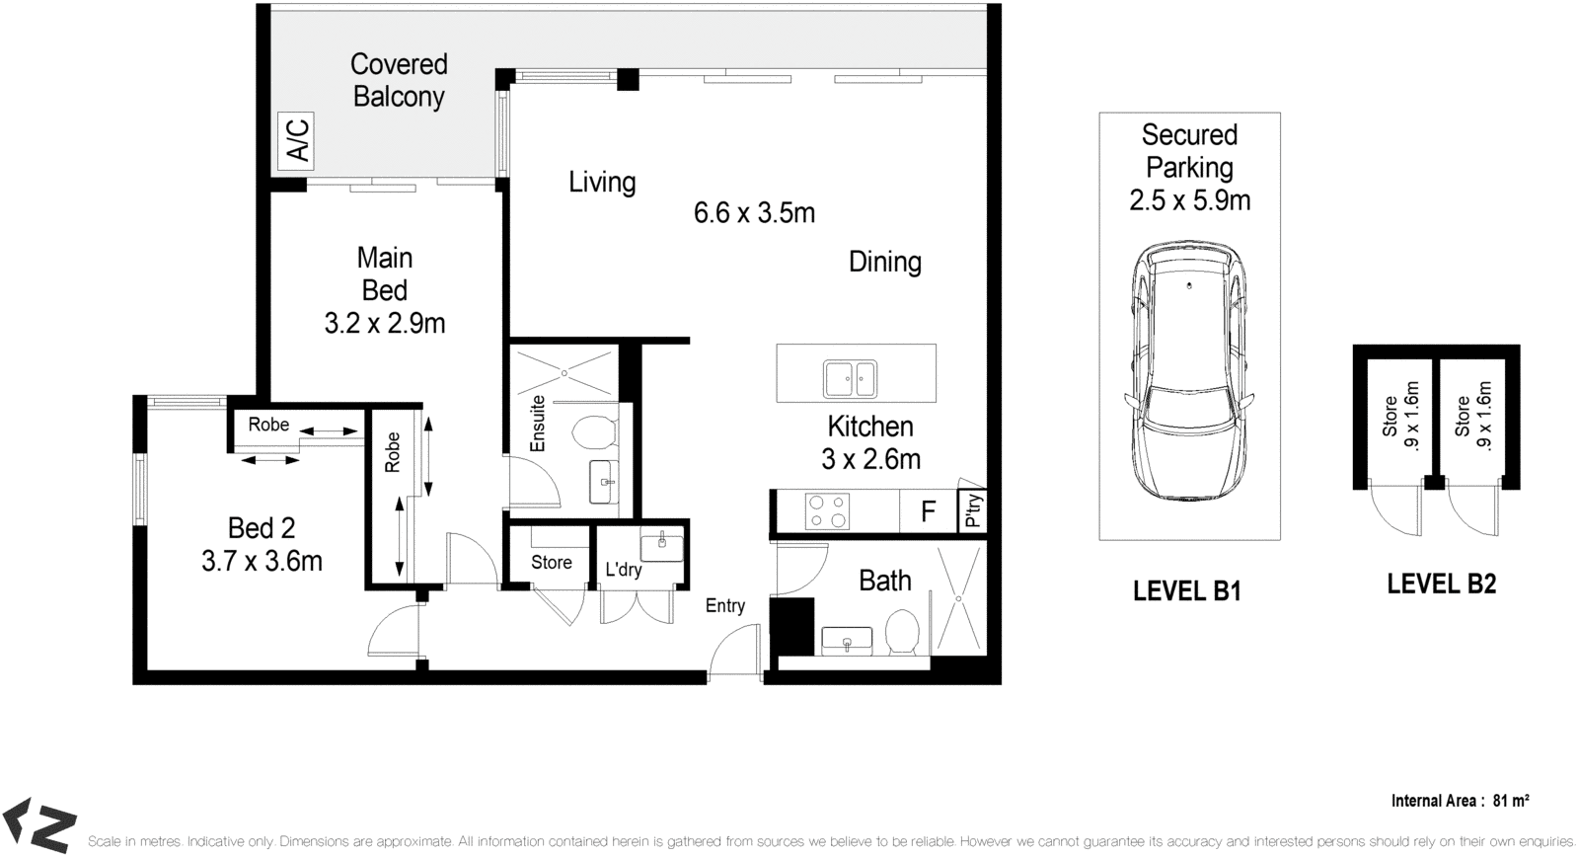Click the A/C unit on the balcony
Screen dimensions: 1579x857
coord(296,141)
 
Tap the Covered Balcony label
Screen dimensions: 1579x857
coord(399,80)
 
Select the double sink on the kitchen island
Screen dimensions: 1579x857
coord(850,379)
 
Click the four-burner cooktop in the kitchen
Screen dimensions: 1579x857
coord(827,511)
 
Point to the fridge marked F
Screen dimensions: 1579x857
coord(929,510)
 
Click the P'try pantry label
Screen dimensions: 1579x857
coord(973,510)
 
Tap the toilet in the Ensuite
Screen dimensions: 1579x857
coord(594,432)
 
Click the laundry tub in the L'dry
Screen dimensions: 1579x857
coord(661,546)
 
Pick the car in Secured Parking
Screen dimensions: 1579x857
coord(1189,371)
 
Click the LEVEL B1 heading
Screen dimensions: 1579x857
coord(1187,591)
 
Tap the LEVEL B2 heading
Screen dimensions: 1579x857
coord(1442,584)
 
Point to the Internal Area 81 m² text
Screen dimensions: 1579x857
coord(1460,801)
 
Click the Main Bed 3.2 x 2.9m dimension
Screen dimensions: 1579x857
coord(385,324)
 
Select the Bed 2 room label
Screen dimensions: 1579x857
coord(262,528)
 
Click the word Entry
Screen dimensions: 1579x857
coord(725,606)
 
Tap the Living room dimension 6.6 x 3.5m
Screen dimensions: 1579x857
coord(754,213)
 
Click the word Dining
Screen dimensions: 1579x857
coord(885,263)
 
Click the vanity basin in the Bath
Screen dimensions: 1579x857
coord(848,641)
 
